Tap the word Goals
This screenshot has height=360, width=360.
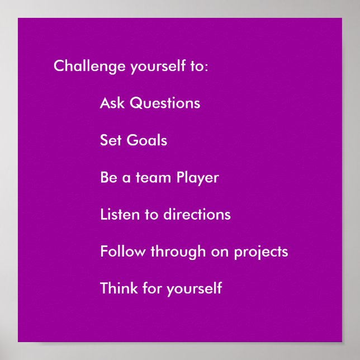pos(147,140)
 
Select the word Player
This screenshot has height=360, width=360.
pos(197,178)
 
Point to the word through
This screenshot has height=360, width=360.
pos(178,252)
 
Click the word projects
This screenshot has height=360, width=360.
pos(260,252)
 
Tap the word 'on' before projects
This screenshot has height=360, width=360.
pos(220,252)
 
